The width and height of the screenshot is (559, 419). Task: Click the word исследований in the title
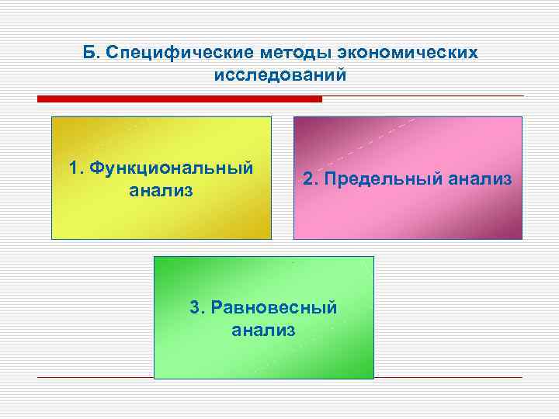(279, 75)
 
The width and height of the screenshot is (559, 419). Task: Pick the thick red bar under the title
(179, 99)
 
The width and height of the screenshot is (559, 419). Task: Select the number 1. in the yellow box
(76, 168)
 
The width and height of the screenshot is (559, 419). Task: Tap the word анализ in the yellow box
(161, 190)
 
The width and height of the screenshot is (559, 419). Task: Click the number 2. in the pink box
(311, 179)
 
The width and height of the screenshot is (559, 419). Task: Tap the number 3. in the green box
(198, 307)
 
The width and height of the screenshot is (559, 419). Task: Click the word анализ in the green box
(263, 330)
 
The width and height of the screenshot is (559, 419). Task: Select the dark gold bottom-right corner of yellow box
(261, 230)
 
